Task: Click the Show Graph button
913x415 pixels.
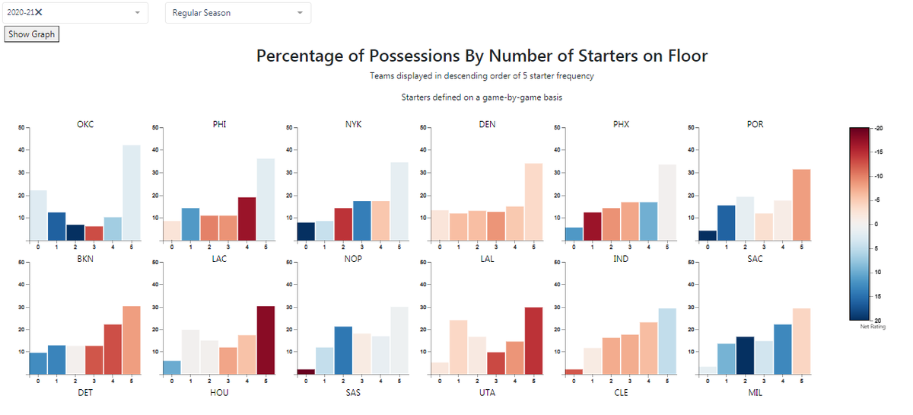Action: (31, 34)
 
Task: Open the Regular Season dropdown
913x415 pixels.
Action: (237, 13)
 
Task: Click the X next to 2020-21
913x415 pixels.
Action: (39, 12)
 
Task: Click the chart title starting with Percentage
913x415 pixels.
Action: (482, 56)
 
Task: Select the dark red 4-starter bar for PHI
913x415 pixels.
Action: (247, 219)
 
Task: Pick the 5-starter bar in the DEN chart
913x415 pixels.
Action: (533, 202)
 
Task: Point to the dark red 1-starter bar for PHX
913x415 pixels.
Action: (592, 226)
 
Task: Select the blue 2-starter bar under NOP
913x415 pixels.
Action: (343, 350)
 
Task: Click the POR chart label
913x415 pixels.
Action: (755, 124)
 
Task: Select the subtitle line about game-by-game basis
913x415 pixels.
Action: (482, 97)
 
